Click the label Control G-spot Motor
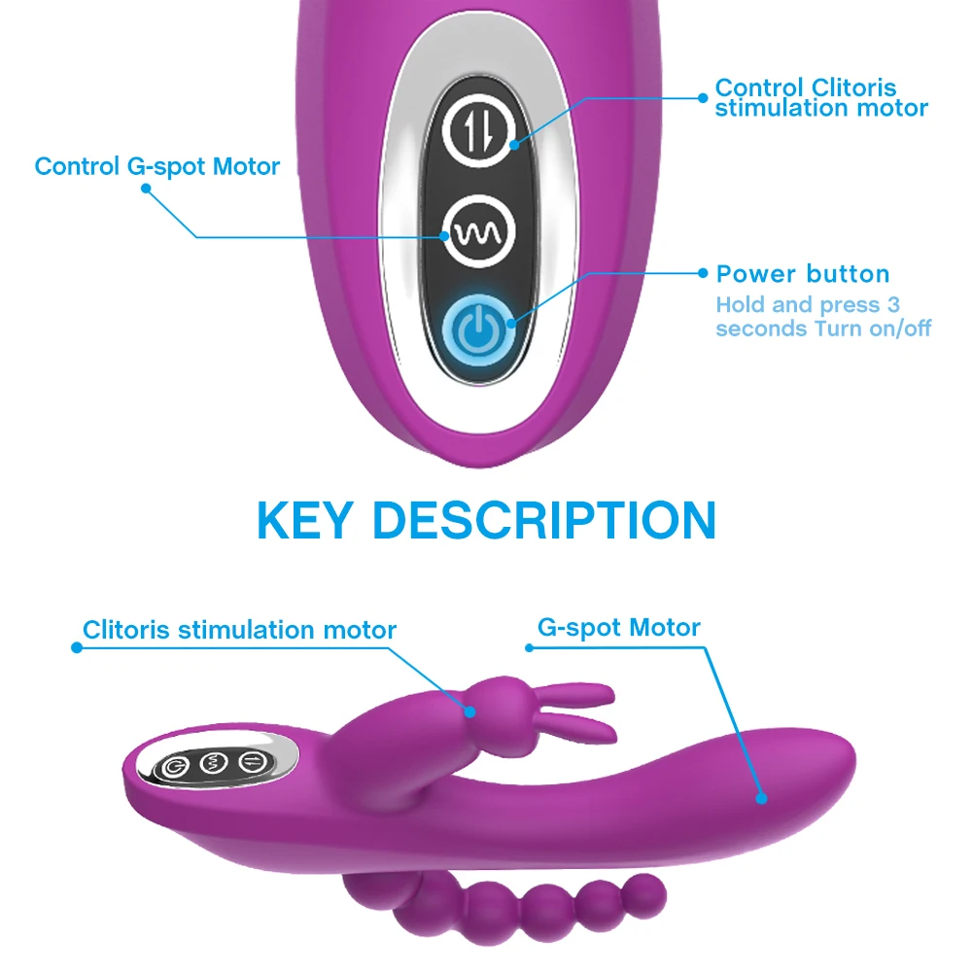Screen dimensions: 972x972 tap(157, 166)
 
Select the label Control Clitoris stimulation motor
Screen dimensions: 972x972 tap(821, 97)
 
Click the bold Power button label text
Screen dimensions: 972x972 tap(803, 274)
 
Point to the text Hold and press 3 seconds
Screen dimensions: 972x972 tap(808, 305)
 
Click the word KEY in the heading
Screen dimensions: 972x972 tap(305, 521)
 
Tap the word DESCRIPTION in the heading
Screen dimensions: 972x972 tap(544, 521)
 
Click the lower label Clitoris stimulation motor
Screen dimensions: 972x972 tap(239, 630)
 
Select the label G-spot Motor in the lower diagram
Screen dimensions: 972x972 tap(619, 627)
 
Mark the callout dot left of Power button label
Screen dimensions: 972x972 tap(703, 275)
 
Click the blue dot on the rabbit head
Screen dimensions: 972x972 tap(470, 712)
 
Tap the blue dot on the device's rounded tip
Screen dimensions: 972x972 tap(761, 799)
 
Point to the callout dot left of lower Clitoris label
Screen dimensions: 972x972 tap(75, 644)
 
